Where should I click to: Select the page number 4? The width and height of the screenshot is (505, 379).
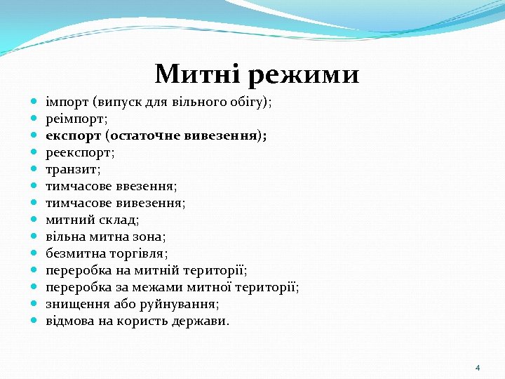[x=478, y=368]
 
